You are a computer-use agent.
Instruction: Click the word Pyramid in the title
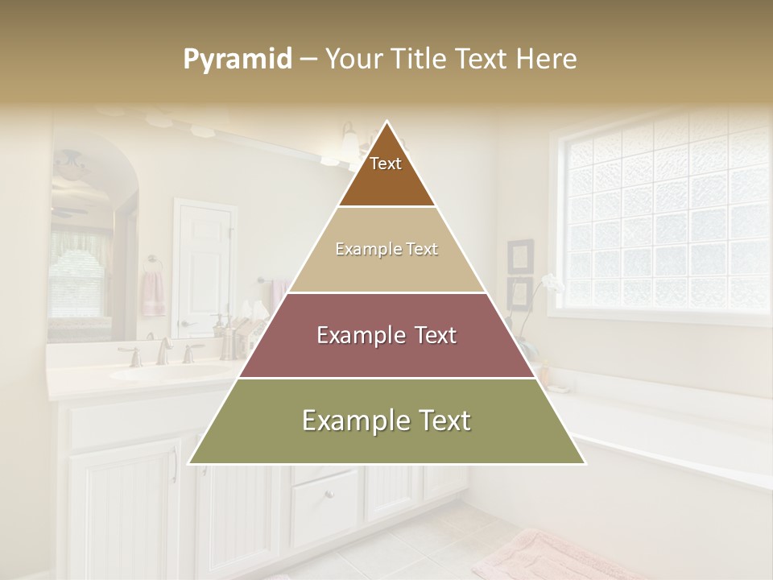[x=237, y=60]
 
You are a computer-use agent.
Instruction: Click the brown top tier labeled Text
[x=386, y=173]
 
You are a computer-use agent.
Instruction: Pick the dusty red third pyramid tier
[x=386, y=335]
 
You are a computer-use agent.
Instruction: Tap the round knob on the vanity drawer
[x=328, y=494]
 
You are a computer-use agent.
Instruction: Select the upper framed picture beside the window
[x=520, y=256]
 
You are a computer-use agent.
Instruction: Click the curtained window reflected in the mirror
[x=77, y=266]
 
